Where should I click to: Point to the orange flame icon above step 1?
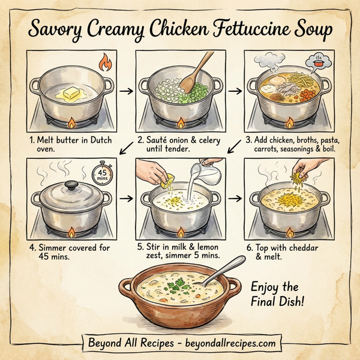105,62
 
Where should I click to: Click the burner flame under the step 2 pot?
179,124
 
